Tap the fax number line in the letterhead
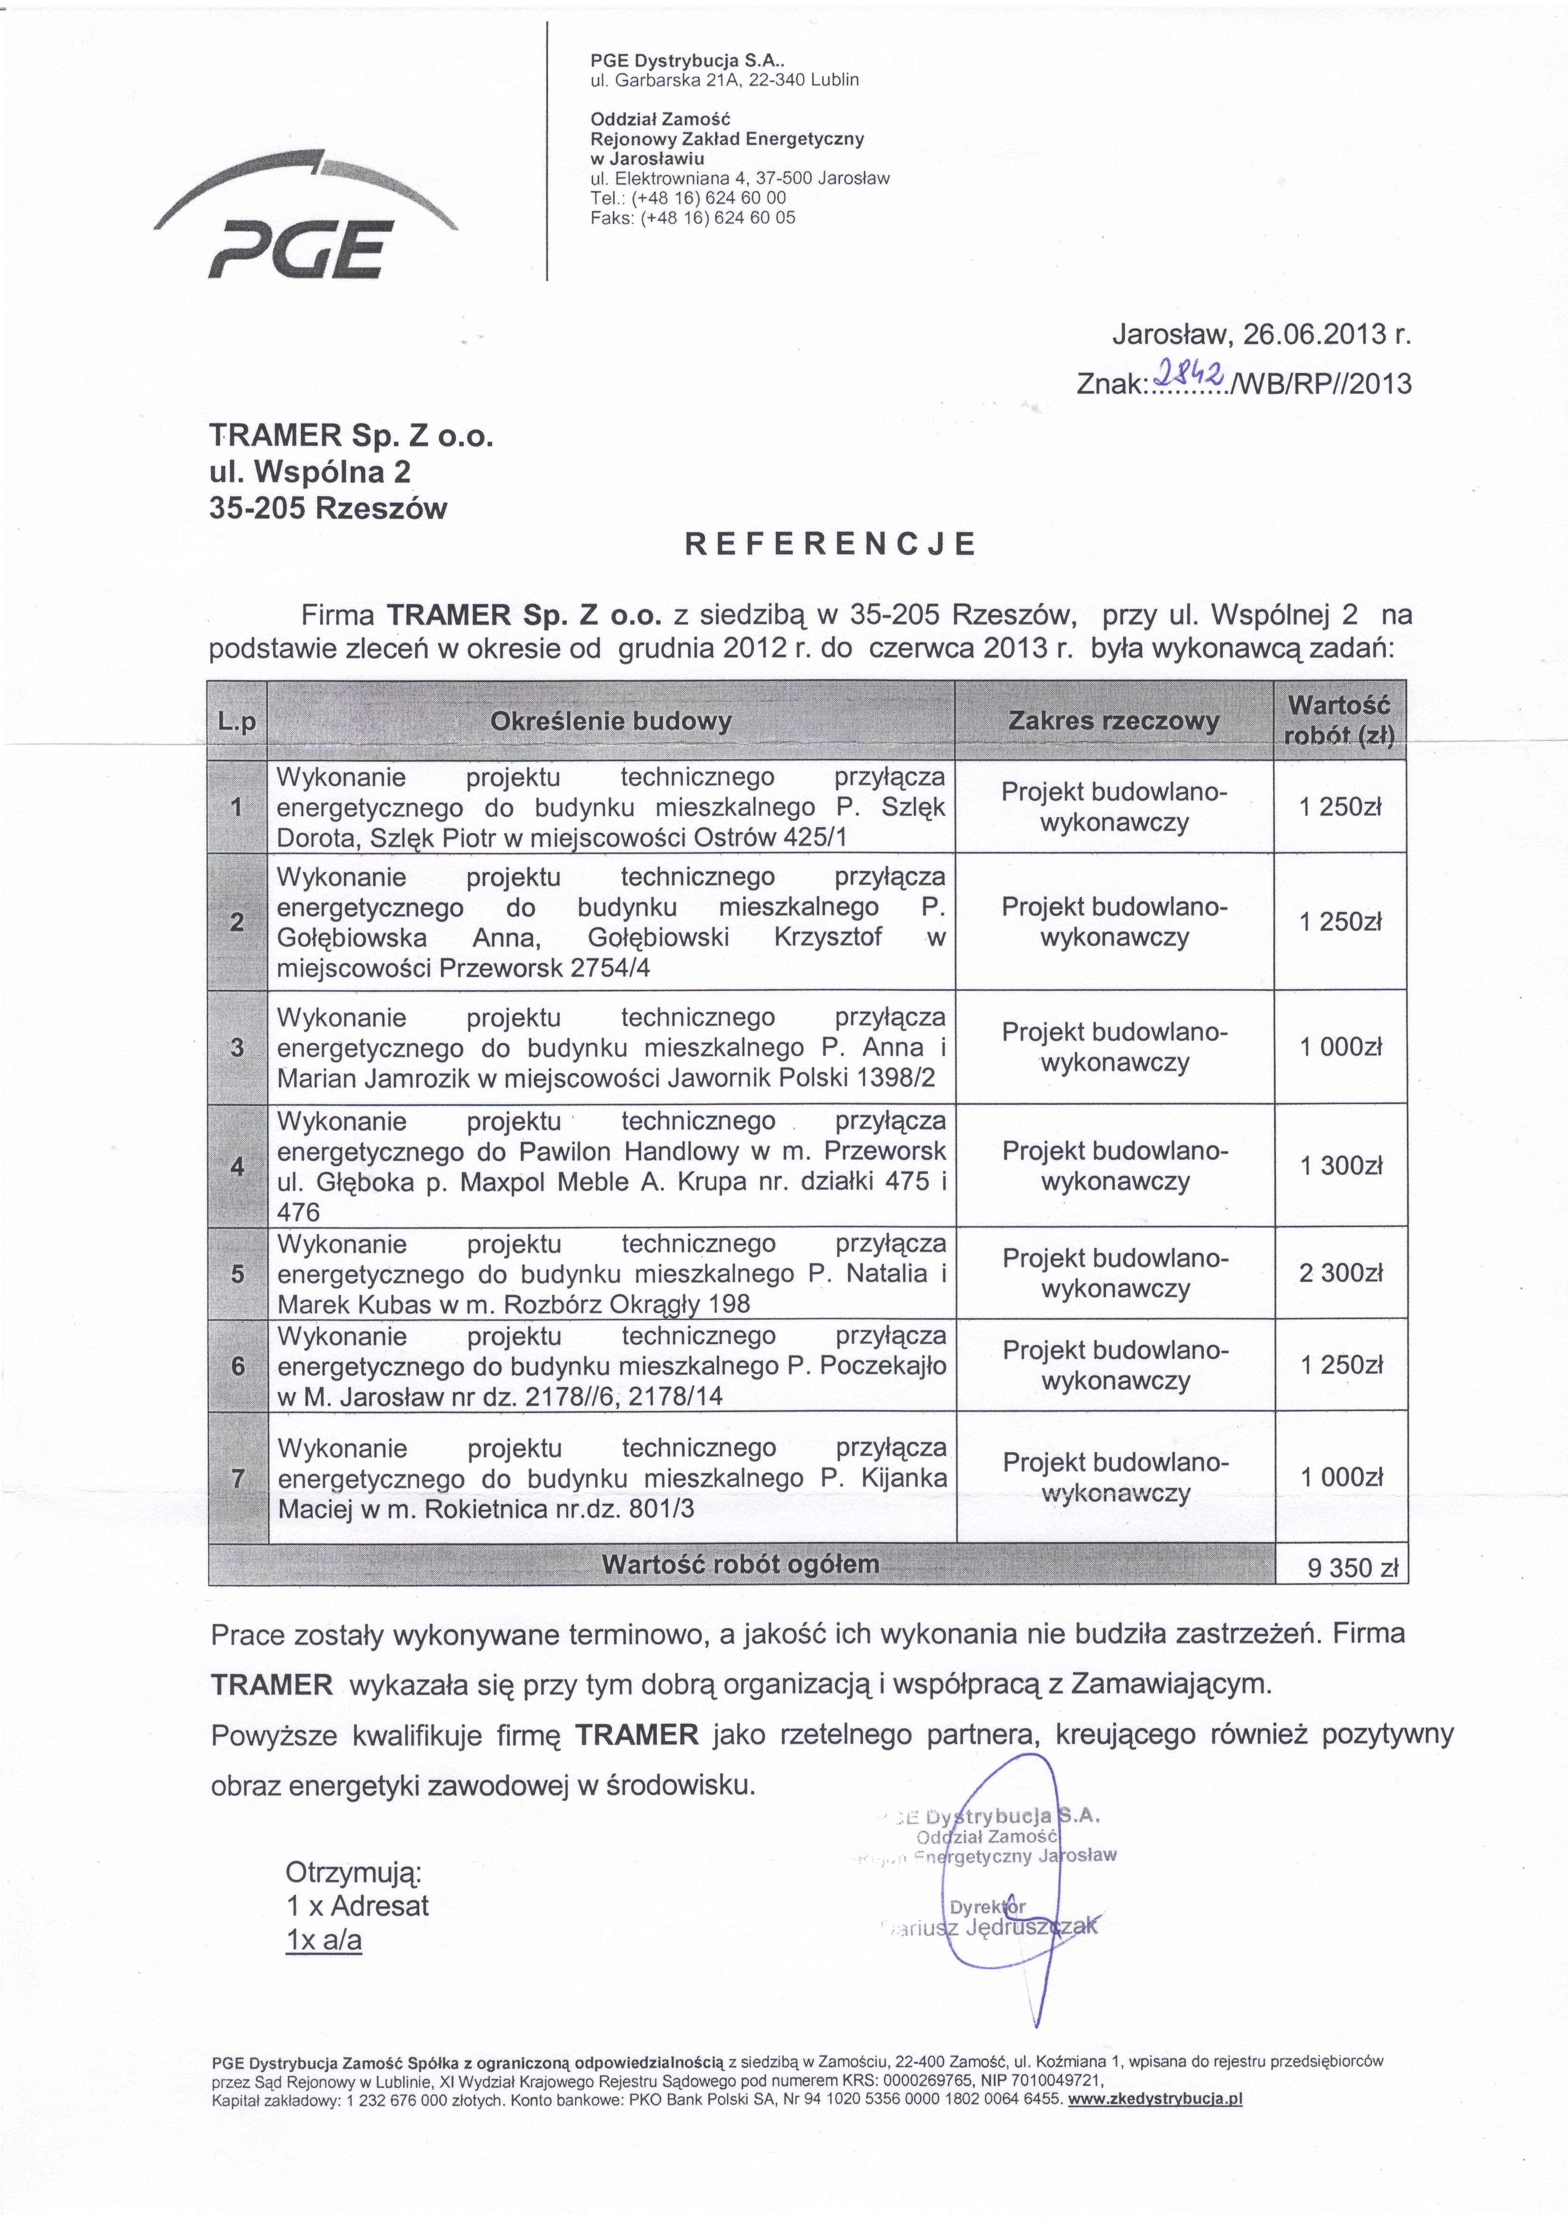[693, 217]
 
